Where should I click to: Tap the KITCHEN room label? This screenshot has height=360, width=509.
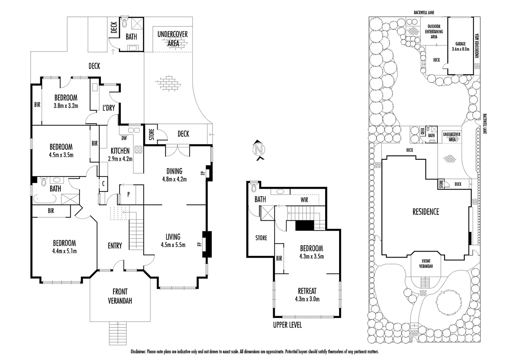click(120, 151)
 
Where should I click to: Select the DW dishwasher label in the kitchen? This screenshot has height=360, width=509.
click(124, 138)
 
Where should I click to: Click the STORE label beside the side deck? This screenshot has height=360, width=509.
click(152, 134)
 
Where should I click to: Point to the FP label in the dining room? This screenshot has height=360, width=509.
click(202, 173)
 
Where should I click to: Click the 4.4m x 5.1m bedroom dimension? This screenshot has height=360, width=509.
click(65, 251)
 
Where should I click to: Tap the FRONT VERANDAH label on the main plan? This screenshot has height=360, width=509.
click(120, 296)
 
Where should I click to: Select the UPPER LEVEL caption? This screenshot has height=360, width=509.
click(287, 325)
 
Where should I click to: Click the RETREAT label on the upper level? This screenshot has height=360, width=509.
click(307, 291)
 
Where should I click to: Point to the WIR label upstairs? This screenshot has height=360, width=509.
click(304, 200)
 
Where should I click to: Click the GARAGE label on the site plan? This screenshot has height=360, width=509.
click(460, 44)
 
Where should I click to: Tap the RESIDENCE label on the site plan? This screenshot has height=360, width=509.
click(426, 212)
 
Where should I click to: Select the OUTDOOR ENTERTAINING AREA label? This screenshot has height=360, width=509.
click(434, 31)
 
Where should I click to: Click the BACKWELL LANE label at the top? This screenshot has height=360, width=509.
click(424, 13)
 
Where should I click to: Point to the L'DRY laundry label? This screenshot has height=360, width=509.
click(109, 108)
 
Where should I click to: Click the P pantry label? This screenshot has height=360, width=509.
click(128, 194)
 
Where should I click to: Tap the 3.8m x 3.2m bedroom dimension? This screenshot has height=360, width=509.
click(66, 106)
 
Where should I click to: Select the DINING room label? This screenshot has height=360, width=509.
click(174, 171)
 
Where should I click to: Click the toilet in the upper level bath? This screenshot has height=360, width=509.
click(254, 187)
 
